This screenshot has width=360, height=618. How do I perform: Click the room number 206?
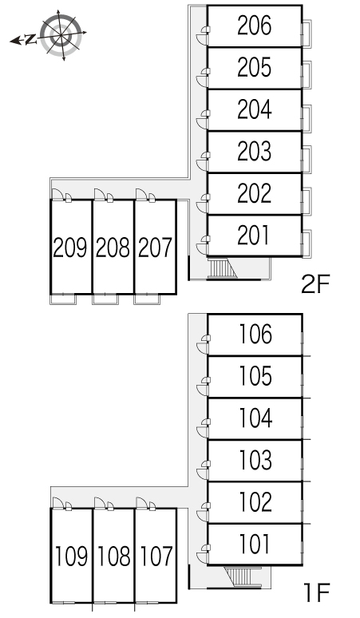pos(255,26)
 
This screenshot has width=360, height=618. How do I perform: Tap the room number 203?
pos(255,152)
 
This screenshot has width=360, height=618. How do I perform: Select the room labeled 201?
pos(254,236)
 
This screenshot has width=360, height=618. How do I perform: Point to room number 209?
pos(70,248)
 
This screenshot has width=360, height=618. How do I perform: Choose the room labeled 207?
pos(155,248)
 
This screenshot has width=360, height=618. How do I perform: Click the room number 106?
pos(255,335)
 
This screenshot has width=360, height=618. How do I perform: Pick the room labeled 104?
pos(255,418)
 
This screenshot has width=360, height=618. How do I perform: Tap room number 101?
pos(255,544)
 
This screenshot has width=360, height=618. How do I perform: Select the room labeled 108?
pos(113,557)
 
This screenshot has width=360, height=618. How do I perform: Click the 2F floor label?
pos(315,284)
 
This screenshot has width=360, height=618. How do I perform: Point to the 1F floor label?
pos(316,592)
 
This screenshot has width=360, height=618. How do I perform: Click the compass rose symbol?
pos(61,34)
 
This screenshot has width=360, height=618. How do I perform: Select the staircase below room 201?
pos(221,268)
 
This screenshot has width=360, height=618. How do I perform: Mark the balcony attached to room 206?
pos(307,34)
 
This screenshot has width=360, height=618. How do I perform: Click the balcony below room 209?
pos(62,299)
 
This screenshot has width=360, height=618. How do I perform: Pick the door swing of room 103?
pos(203,469)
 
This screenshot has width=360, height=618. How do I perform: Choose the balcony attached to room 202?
pos(307,201)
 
